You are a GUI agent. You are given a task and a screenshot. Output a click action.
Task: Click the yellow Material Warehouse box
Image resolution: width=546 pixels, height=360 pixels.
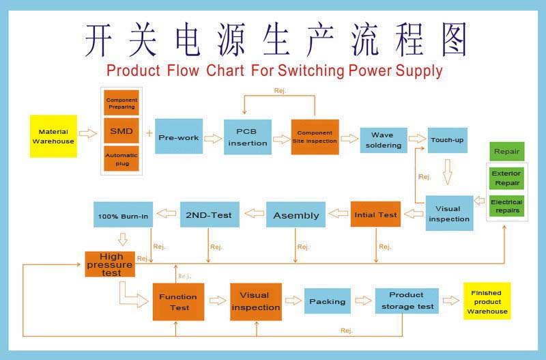pyautogui.click(x=53, y=136)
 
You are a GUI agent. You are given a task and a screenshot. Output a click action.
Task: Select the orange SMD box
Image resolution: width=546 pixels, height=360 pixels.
pyautogui.click(x=121, y=131)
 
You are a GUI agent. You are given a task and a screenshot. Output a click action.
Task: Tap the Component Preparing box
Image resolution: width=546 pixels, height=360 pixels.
pyautogui.click(x=121, y=103)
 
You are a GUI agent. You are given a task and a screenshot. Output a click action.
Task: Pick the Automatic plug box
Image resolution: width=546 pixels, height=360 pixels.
pyautogui.click(x=121, y=159)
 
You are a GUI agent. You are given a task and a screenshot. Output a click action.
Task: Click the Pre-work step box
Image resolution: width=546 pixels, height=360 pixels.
pyautogui.click(x=179, y=137)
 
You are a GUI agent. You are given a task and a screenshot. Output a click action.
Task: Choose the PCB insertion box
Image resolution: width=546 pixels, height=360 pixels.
pyautogui.click(x=248, y=137)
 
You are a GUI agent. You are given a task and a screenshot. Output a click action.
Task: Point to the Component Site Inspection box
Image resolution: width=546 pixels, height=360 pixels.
pyautogui.click(x=315, y=137)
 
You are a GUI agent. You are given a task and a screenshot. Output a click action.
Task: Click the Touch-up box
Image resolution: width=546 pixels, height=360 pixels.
pyautogui.click(x=447, y=140)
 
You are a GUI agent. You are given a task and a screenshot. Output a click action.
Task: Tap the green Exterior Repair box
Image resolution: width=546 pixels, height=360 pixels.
pyautogui.click(x=506, y=178)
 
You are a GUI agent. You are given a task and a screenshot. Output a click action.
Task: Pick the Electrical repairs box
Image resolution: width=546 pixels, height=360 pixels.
pyautogui.click(x=506, y=206)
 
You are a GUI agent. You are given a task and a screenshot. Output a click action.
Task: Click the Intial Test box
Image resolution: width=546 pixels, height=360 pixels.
pyautogui.click(x=375, y=214)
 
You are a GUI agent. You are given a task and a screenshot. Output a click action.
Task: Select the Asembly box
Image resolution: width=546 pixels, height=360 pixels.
pyautogui.click(x=296, y=214)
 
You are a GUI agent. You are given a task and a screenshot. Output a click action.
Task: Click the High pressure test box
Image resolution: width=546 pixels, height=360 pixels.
pyautogui.click(x=110, y=264)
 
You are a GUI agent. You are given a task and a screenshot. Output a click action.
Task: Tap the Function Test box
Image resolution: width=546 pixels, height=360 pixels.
pyautogui.click(x=178, y=302)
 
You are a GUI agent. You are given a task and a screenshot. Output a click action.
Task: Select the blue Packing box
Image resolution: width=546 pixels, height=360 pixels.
pyautogui.click(x=327, y=301)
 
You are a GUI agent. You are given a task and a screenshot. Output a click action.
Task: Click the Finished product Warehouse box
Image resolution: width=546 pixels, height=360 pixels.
pyautogui.click(x=487, y=301)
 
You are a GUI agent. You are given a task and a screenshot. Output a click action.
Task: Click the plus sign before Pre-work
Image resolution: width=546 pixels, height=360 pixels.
pyautogui.click(x=149, y=133)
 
